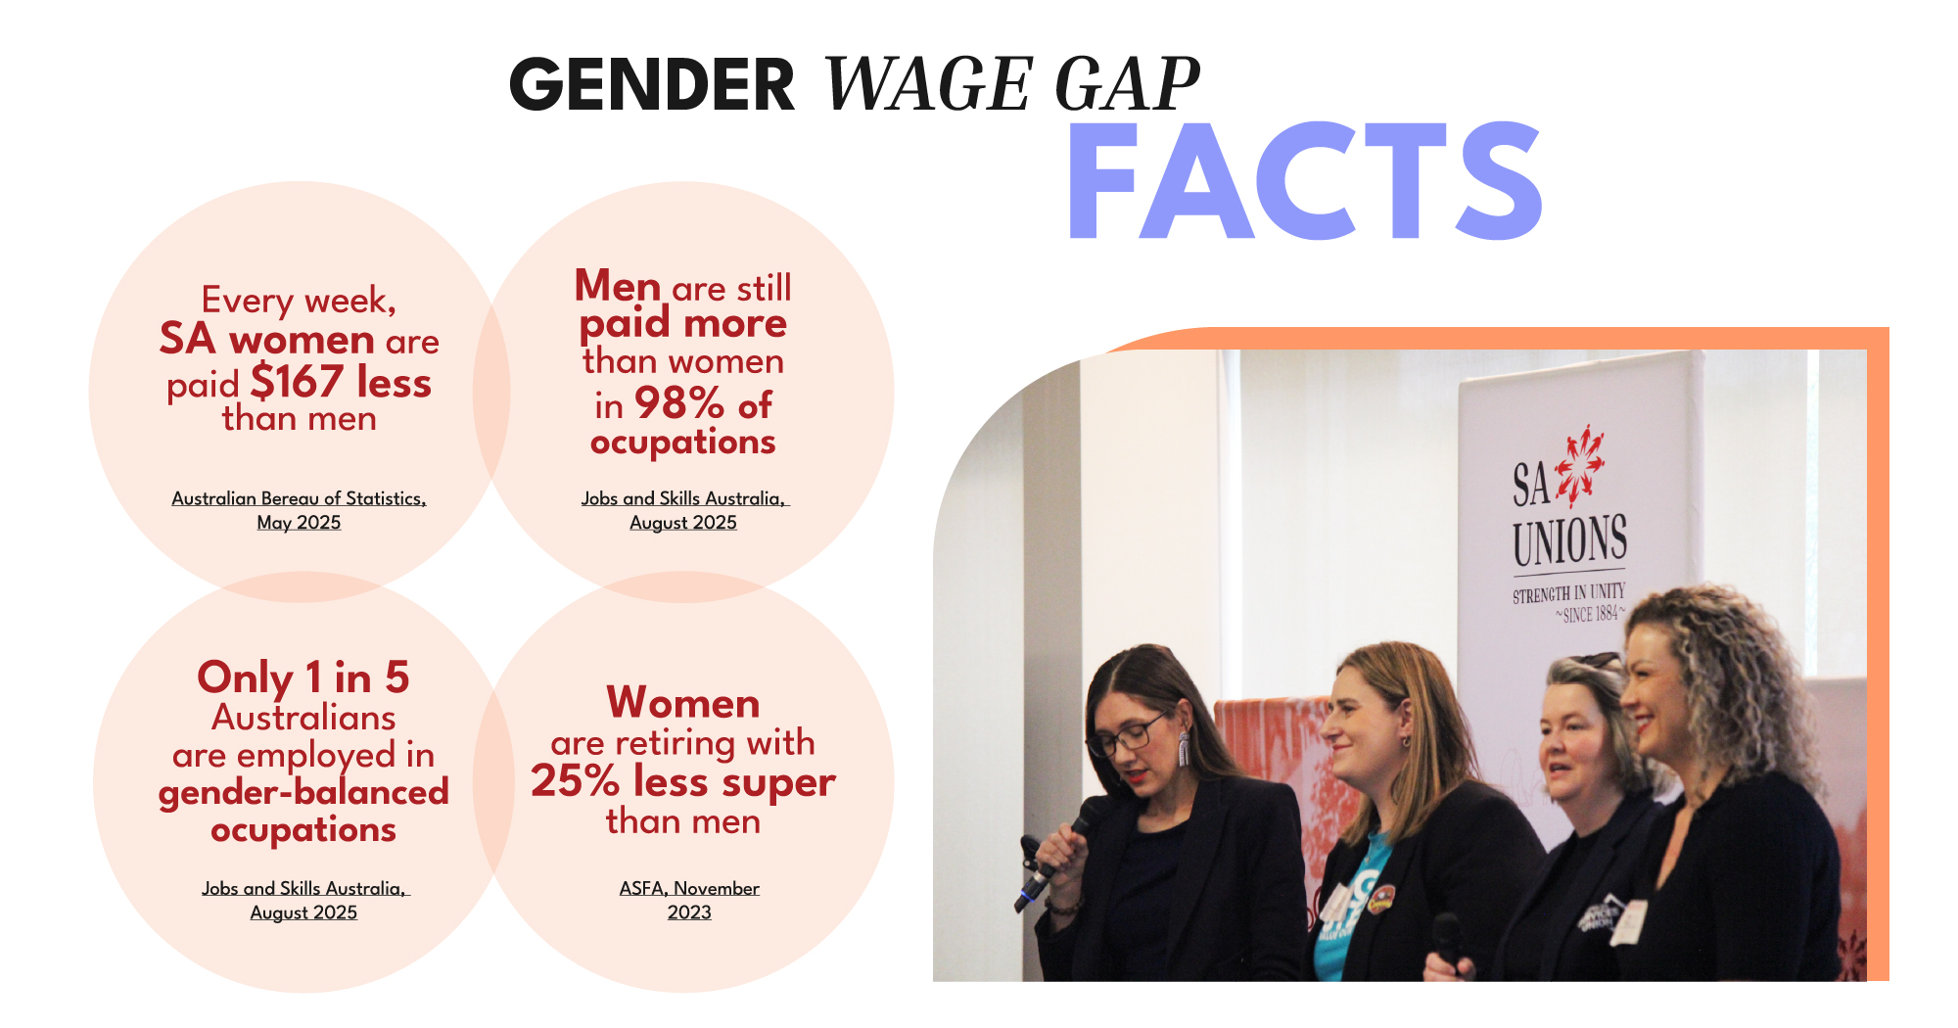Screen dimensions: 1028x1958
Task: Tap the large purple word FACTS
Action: pyautogui.click(x=1304, y=182)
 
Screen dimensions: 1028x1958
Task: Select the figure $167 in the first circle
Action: pyautogui.click(x=297, y=382)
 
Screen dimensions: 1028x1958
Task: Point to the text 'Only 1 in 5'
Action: pyautogui.click(x=303, y=678)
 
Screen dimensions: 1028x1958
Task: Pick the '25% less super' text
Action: pyautogui.click(x=682, y=781)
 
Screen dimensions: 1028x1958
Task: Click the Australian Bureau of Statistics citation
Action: pyautogui.click(x=299, y=498)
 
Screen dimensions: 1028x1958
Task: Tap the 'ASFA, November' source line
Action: pyautogui.click(x=689, y=888)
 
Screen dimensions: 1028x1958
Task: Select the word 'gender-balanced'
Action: pyautogui.click(x=303, y=791)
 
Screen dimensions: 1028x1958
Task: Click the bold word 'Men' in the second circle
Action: pyautogui.click(x=618, y=286)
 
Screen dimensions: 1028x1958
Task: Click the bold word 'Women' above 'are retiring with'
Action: pyautogui.click(x=682, y=703)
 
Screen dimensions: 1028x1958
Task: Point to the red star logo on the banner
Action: pyautogui.click(x=1579, y=466)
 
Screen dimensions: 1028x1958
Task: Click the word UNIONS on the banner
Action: pyautogui.click(x=1569, y=541)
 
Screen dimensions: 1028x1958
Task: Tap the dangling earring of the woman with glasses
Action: pyautogui.click(x=1183, y=750)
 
